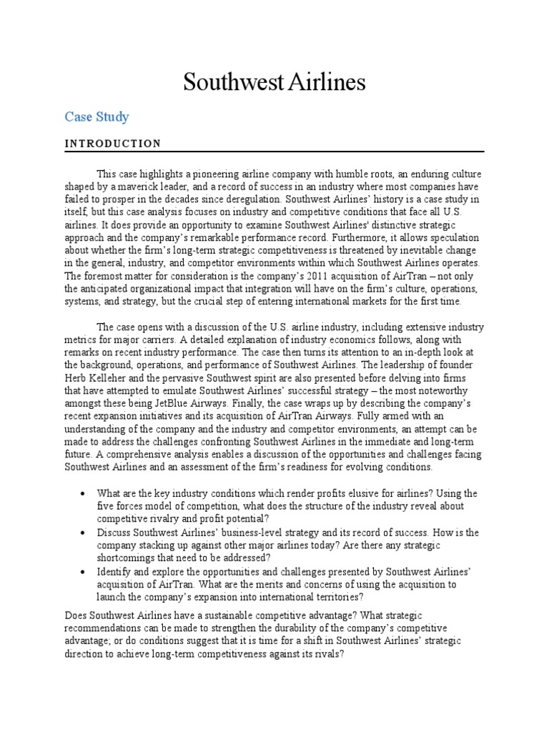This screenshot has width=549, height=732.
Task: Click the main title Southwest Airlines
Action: pos(274,82)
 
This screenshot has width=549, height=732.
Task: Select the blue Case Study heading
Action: pos(97,116)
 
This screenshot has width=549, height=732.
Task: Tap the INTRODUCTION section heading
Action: pos(113,143)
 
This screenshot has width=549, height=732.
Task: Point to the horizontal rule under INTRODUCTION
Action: pos(274,152)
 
